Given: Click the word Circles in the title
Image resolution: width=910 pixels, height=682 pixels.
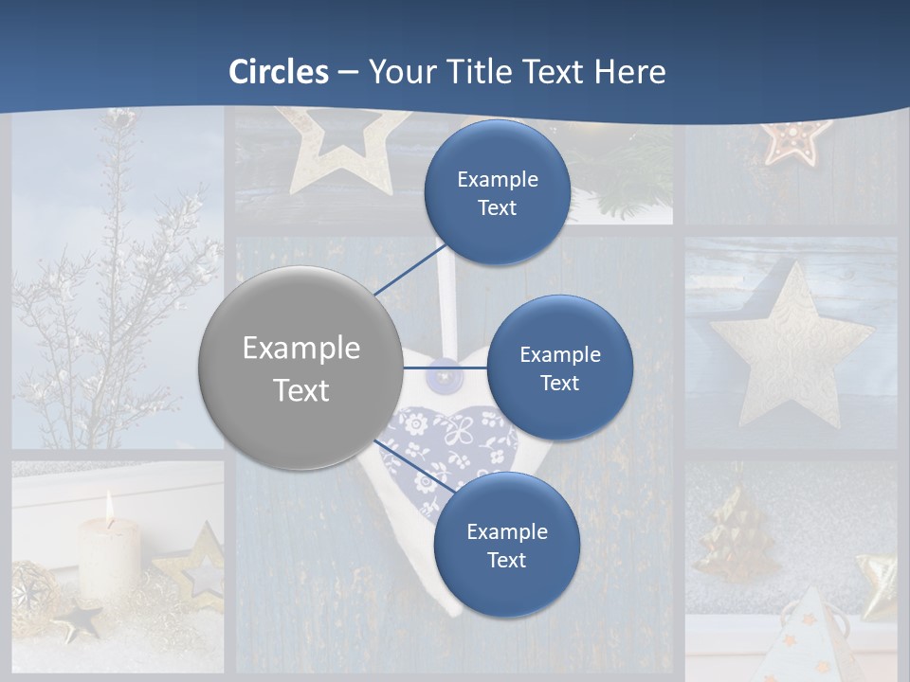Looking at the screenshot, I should (279, 72).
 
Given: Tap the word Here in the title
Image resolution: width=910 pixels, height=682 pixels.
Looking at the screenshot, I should (629, 72).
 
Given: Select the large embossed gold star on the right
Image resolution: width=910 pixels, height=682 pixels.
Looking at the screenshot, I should (789, 347).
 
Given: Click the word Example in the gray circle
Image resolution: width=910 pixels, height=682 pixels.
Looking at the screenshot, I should (301, 349).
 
